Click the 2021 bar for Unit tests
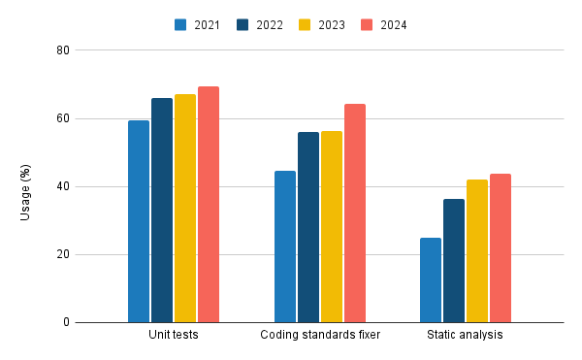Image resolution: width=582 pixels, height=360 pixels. (x=139, y=221)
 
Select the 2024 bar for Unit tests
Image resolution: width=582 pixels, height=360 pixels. (x=209, y=205)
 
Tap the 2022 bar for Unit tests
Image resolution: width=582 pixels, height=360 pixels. (x=162, y=211)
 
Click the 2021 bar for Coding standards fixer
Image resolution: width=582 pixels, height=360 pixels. (x=285, y=246)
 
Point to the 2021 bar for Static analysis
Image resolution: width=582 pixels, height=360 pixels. (x=431, y=280)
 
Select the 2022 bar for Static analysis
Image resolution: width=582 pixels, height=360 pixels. (x=454, y=261)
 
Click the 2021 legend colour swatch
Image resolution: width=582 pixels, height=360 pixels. (x=181, y=24)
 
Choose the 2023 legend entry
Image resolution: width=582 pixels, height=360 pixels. (x=321, y=24)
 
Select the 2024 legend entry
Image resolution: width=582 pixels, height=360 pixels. (x=382, y=24)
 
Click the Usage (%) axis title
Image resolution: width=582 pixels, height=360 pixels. (x=26, y=186)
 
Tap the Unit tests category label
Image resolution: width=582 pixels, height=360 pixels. (x=174, y=336)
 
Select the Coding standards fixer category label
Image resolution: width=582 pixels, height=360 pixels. (x=320, y=336)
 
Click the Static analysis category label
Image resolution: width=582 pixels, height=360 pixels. (x=466, y=336)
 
